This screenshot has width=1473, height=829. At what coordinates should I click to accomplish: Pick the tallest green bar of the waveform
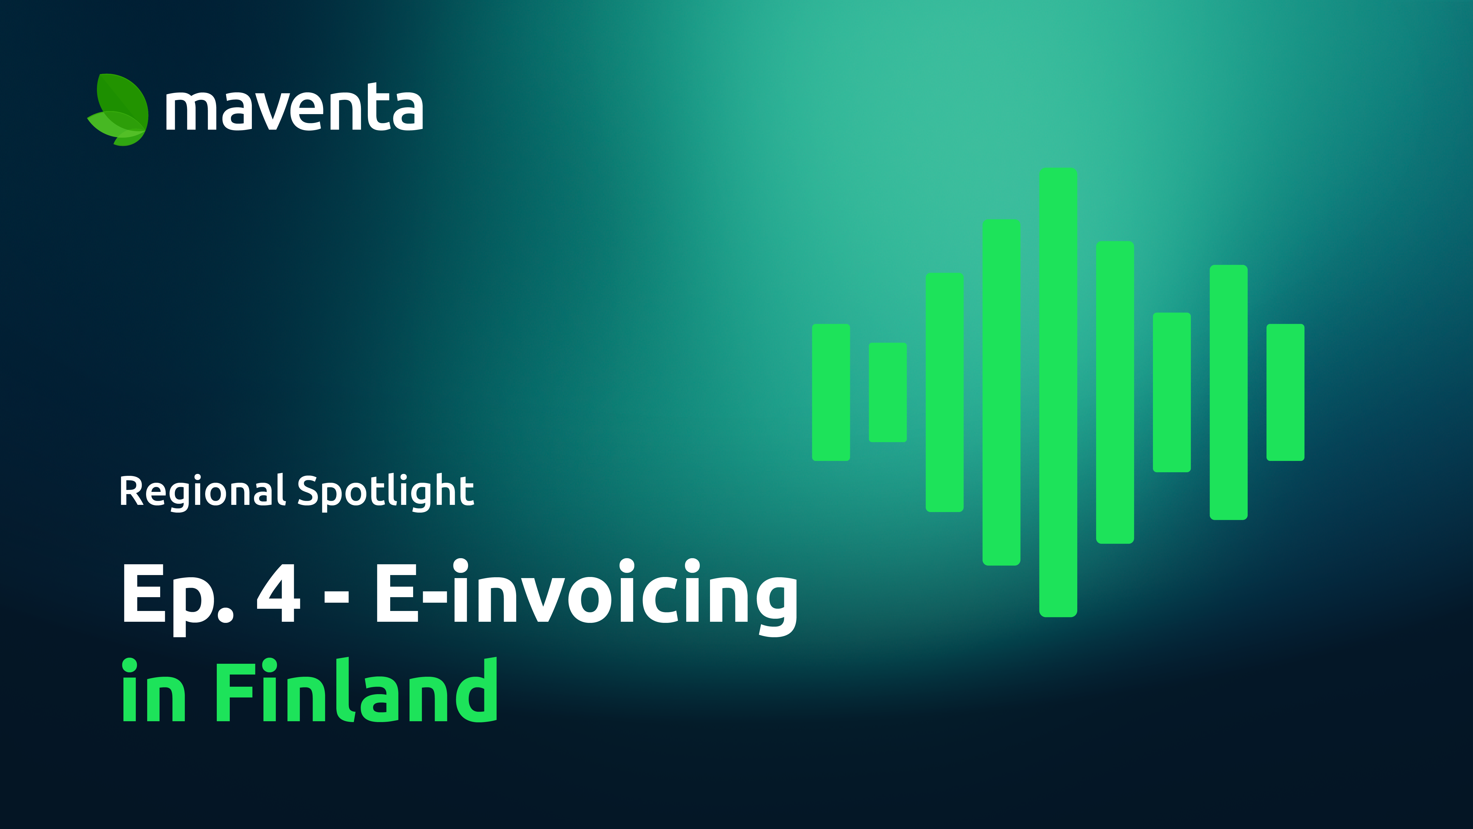(1058, 392)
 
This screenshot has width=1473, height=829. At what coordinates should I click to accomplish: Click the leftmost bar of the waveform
(831, 392)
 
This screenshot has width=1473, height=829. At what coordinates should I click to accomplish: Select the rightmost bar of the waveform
(1285, 392)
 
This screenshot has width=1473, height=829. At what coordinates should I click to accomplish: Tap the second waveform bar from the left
(888, 392)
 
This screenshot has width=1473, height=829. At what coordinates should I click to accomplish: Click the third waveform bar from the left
(945, 392)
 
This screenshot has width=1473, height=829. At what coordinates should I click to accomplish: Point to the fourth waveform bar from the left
(1001, 392)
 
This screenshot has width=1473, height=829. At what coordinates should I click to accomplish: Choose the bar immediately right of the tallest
(1115, 392)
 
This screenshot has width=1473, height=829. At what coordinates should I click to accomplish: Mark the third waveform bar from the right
(1172, 392)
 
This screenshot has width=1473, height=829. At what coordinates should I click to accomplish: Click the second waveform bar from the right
(1228, 392)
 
